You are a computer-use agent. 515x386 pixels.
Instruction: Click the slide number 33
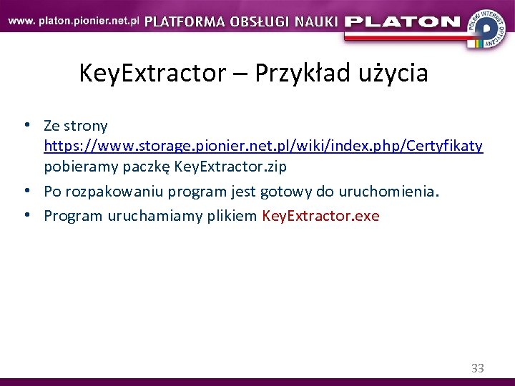tap(478, 368)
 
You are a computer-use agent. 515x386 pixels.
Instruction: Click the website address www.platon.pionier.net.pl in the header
tap(74, 21)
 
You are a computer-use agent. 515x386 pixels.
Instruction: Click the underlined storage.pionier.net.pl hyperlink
tap(263, 147)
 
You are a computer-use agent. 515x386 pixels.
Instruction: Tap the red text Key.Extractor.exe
tap(320, 216)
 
